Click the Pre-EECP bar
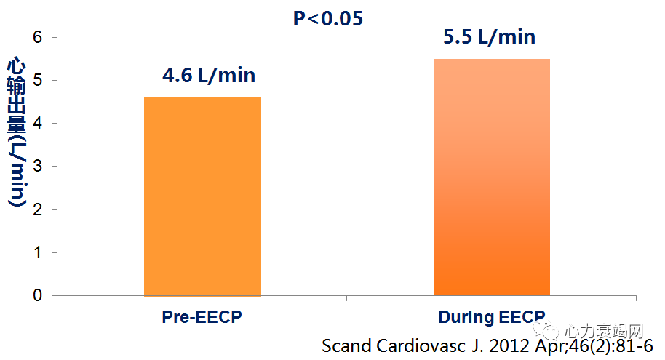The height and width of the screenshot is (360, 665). click(x=202, y=196)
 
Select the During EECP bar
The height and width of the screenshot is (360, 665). click(x=492, y=177)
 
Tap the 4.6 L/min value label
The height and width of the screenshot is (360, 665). click(x=209, y=76)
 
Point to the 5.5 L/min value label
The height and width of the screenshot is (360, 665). click(x=489, y=37)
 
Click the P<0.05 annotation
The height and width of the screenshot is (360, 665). click(x=327, y=18)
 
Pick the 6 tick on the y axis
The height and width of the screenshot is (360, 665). click(x=39, y=37)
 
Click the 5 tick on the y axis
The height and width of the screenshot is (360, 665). click(x=39, y=80)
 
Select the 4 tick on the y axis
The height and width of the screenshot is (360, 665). click(x=39, y=124)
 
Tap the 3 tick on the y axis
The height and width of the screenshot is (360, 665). click(x=39, y=167)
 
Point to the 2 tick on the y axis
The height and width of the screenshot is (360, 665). click(x=39, y=209)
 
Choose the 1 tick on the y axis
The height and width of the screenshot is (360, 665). click(x=39, y=253)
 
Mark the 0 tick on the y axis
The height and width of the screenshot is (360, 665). click(x=39, y=296)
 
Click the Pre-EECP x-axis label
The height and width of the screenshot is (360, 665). click(x=202, y=317)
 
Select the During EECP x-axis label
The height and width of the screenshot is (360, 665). click(x=492, y=317)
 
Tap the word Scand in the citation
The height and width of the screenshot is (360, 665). click(x=346, y=345)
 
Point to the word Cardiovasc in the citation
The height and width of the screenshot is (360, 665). click(x=415, y=345)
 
